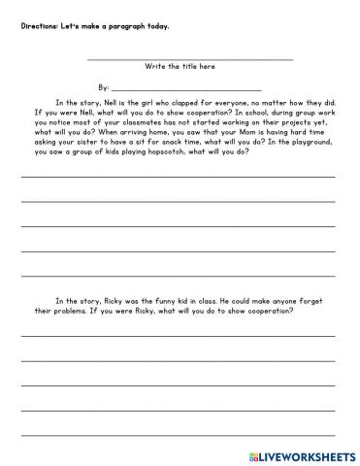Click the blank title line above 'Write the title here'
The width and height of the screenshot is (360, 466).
(x=189, y=59)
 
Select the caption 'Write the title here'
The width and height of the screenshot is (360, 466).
(x=180, y=67)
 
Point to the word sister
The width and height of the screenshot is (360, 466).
(x=98, y=145)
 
